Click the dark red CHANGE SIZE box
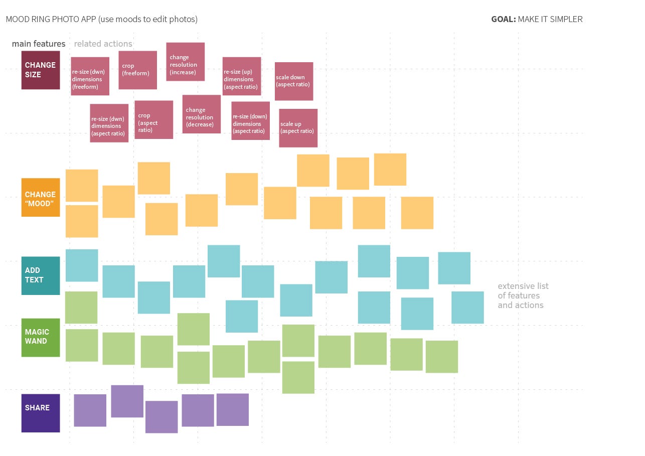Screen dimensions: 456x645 tap(40, 70)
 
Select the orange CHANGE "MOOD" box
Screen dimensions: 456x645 tap(40, 197)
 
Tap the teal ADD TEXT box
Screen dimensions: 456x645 tap(40, 275)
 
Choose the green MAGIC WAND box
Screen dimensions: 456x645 tap(40, 337)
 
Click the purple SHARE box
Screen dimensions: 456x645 tap(40, 413)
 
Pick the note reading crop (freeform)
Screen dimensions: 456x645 tap(137, 70)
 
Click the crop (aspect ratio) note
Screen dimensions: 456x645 tap(153, 119)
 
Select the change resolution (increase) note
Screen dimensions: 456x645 tap(185, 61)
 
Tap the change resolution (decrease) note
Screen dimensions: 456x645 tap(201, 114)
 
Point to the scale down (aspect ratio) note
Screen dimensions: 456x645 tap(294, 81)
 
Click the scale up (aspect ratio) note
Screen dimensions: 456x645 tap(298, 128)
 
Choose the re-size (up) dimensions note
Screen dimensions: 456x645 tap(241, 76)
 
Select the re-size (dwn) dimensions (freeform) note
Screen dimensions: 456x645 tap(90, 76)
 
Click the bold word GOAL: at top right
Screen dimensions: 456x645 tap(503, 20)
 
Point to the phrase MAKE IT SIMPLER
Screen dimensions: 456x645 tap(550, 20)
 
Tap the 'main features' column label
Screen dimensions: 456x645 tap(39, 44)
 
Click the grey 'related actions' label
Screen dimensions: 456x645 tap(103, 44)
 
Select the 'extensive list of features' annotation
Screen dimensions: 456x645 tap(523, 295)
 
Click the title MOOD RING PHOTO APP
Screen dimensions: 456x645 tap(51, 20)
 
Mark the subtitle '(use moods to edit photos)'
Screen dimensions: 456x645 tap(148, 20)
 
